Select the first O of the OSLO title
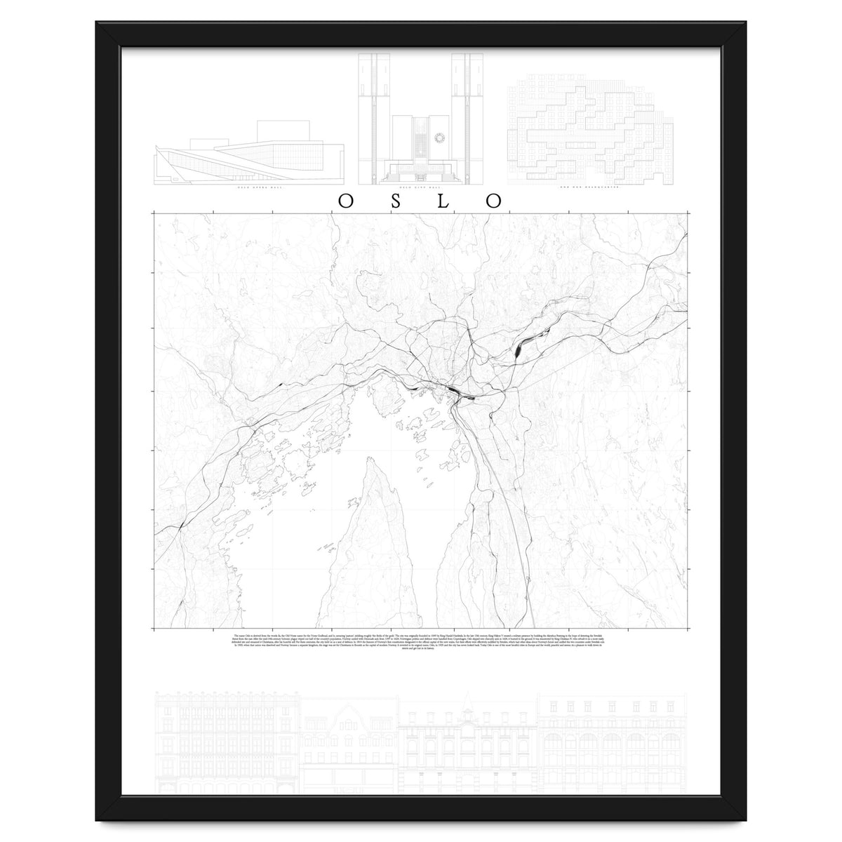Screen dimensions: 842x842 pos(346,201)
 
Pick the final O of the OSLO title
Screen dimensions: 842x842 pos(495,201)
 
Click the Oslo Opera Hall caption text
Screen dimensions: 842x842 pos(249,189)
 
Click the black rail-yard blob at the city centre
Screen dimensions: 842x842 pos(454,392)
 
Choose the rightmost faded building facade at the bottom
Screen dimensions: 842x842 pos(613,744)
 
